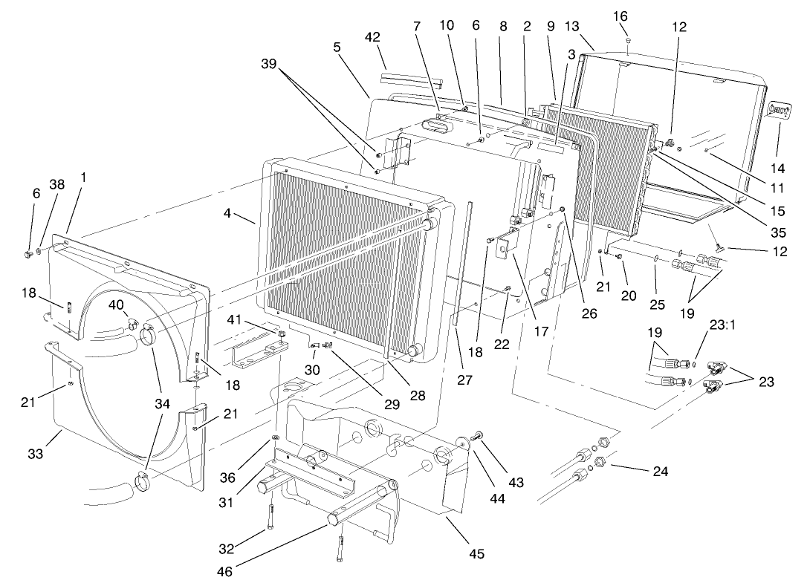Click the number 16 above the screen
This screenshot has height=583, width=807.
click(620, 15)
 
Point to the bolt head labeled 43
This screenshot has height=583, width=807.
click(478, 436)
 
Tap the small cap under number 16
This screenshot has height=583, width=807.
click(628, 39)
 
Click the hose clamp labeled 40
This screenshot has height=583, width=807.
click(132, 323)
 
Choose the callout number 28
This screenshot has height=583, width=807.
click(418, 396)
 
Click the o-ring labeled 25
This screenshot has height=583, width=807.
click(655, 260)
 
